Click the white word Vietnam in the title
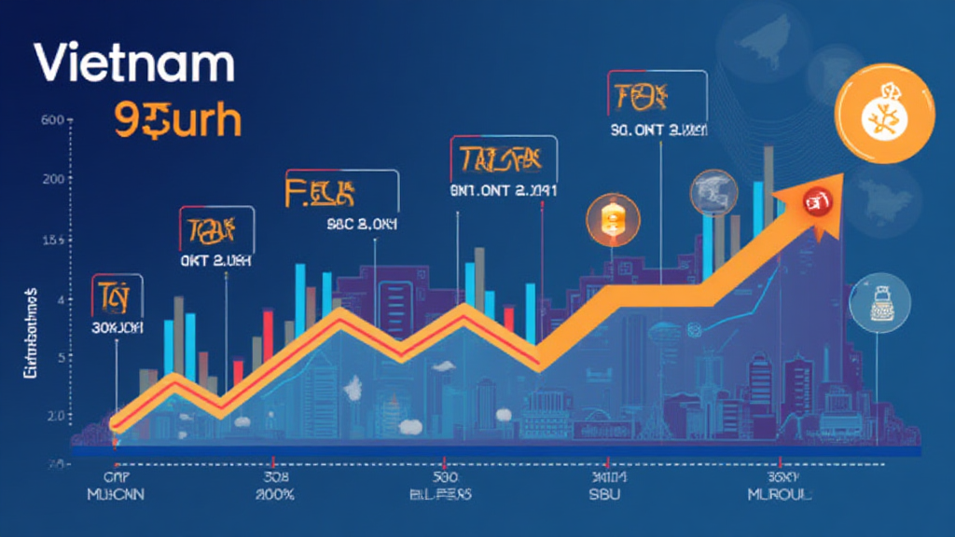(x=132, y=63)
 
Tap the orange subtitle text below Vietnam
(x=176, y=120)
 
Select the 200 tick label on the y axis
(x=52, y=179)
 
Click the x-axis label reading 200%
(x=271, y=493)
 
